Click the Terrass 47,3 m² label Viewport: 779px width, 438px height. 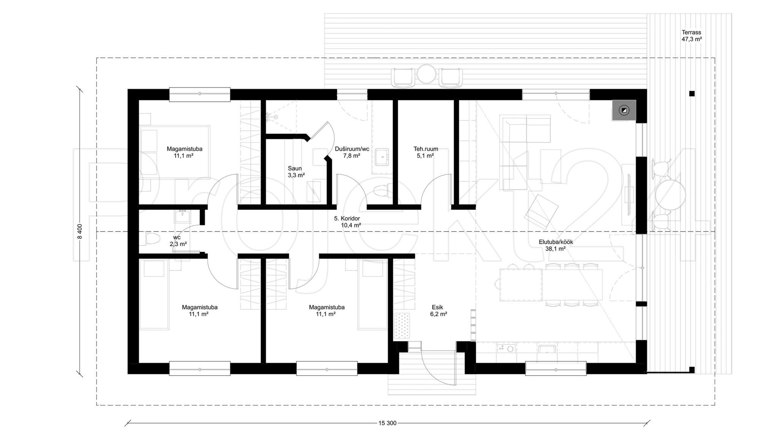(x=692, y=36)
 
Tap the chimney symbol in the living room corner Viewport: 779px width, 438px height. (x=624, y=110)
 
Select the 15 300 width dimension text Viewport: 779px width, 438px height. (x=387, y=423)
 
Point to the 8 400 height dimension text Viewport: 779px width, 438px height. (x=79, y=231)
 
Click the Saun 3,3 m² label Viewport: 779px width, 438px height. (x=296, y=172)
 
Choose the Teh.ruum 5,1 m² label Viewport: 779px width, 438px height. (x=426, y=152)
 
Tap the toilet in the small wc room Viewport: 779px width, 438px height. (x=153, y=240)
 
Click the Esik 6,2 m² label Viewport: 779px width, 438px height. (x=438, y=311)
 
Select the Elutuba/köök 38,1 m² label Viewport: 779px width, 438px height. (x=556, y=245)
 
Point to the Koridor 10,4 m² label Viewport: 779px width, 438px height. (x=347, y=222)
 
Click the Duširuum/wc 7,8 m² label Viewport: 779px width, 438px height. (x=352, y=152)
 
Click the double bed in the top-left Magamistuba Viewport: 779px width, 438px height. (x=175, y=152)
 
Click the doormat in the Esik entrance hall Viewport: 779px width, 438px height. (x=402, y=325)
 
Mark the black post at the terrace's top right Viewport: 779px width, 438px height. (x=692, y=94)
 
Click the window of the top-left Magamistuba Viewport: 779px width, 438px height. (x=200, y=94)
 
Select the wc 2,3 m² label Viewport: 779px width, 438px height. (x=178, y=241)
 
